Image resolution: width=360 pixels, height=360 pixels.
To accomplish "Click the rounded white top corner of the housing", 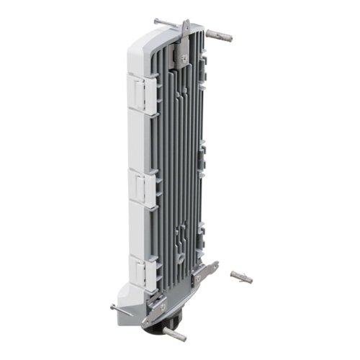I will [141, 36].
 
